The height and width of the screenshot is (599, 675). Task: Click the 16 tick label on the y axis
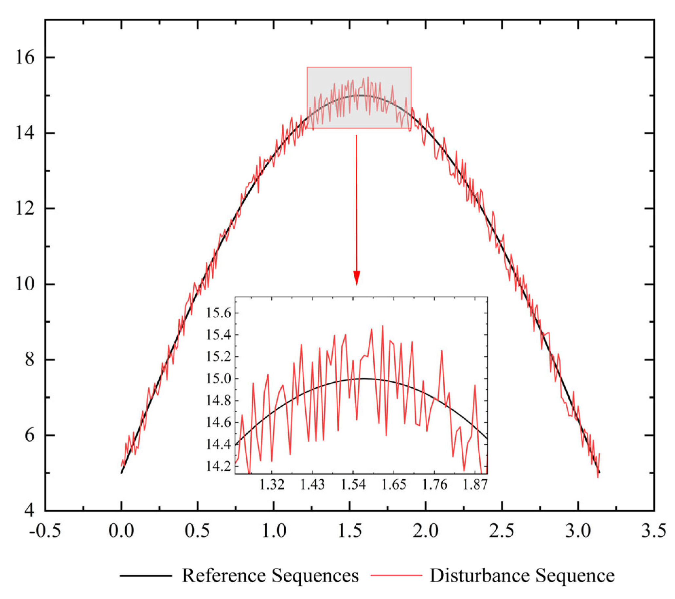coord(25,58)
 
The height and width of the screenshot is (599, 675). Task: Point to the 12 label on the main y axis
coord(25,209)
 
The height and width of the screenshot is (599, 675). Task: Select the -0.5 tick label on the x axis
coord(45,531)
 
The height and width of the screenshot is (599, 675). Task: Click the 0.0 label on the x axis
coord(121,531)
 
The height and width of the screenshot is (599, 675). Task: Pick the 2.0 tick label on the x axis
coord(426,531)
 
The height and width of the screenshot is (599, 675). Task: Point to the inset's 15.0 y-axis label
coord(219,379)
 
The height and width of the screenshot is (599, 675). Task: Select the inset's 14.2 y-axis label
coord(219,466)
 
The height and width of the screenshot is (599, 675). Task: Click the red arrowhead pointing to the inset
coord(356,277)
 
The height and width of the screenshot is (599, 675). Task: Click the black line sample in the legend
coord(146,575)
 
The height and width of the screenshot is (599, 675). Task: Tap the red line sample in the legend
coord(396,575)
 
